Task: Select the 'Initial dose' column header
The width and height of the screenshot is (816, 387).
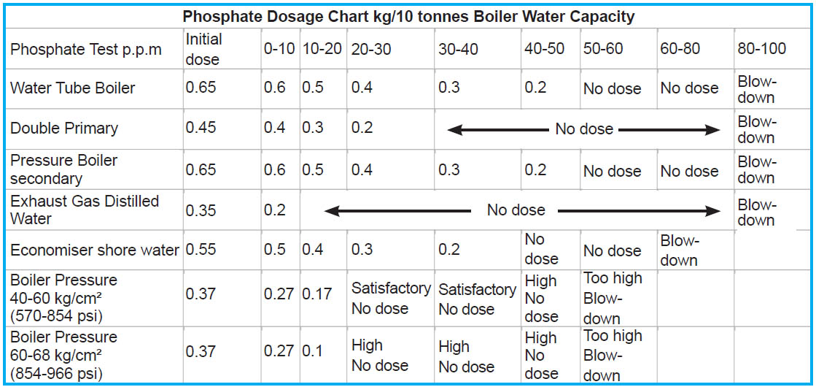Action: point(203,49)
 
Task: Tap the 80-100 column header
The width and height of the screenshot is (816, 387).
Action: point(761,49)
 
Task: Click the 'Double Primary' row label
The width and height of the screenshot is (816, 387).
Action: point(64,129)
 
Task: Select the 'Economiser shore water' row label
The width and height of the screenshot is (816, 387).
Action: point(95,250)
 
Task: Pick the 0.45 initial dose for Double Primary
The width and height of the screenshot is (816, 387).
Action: point(201,129)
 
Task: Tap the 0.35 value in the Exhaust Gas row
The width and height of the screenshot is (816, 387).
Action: point(201,210)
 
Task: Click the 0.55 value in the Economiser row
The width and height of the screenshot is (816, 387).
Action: point(201,250)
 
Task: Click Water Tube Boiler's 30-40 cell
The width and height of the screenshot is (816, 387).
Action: point(449,88)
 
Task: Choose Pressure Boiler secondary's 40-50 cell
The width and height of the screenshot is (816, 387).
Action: point(535,170)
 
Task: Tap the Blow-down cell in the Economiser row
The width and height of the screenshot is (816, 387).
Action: point(679,250)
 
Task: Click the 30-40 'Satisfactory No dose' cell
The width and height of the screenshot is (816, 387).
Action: point(477,299)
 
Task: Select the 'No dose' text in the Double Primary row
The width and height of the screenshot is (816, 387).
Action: point(584,129)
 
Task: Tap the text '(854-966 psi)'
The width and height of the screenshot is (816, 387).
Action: point(55,373)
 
